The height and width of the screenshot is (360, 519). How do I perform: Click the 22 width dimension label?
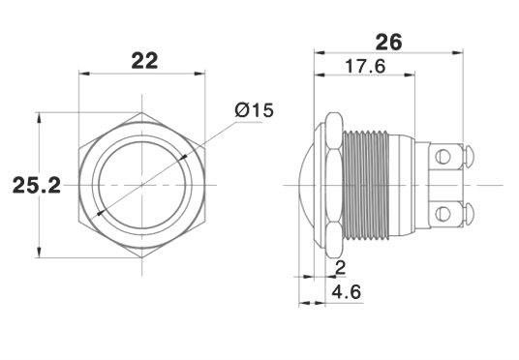click(144, 61)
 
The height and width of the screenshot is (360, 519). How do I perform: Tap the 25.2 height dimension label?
click(37, 185)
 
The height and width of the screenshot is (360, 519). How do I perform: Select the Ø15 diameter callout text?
click(255, 110)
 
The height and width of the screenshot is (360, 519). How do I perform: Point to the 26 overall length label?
click(388, 42)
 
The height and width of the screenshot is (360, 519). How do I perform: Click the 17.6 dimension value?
click(365, 66)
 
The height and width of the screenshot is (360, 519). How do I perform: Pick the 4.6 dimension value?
click(347, 292)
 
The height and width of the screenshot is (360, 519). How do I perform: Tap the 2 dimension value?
click(341, 267)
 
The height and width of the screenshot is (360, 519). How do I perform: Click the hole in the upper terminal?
click(443, 156)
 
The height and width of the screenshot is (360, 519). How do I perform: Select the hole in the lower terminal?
click(443, 214)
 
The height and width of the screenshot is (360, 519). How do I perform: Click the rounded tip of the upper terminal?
click(470, 156)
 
